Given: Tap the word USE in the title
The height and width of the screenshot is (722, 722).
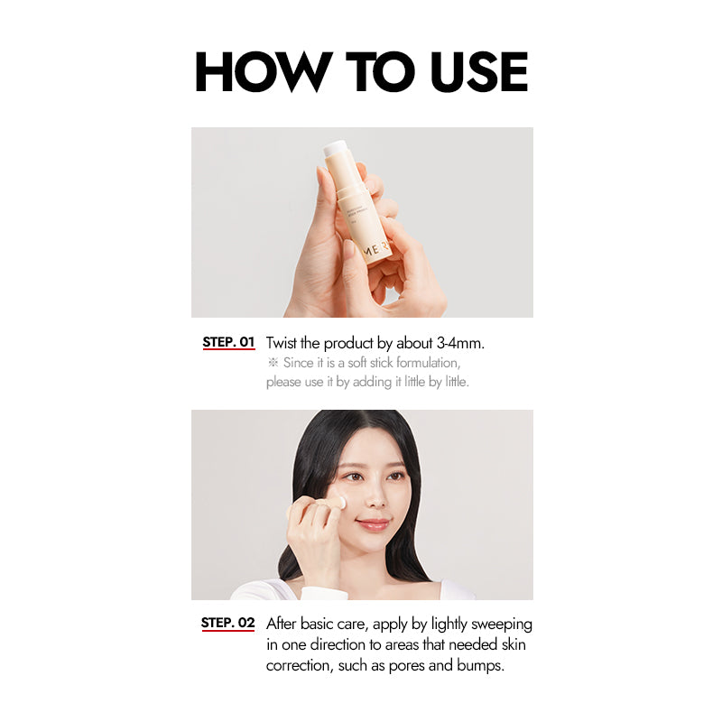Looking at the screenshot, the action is (x=479, y=71).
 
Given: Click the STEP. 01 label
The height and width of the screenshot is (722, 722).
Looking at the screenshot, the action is (x=229, y=342).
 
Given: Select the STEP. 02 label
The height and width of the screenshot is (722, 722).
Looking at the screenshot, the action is (x=228, y=623).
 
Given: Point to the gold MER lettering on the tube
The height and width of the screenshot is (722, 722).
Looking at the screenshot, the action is (x=377, y=249).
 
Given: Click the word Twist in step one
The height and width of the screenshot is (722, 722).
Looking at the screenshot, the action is (x=282, y=343).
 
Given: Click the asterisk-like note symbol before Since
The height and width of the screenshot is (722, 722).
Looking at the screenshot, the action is (x=273, y=363).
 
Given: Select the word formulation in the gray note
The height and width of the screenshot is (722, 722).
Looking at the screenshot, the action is (x=428, y=363).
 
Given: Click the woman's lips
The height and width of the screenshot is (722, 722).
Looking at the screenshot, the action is (x=372, y=524).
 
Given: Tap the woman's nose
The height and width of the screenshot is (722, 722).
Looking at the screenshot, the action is (x=375, y=497).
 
